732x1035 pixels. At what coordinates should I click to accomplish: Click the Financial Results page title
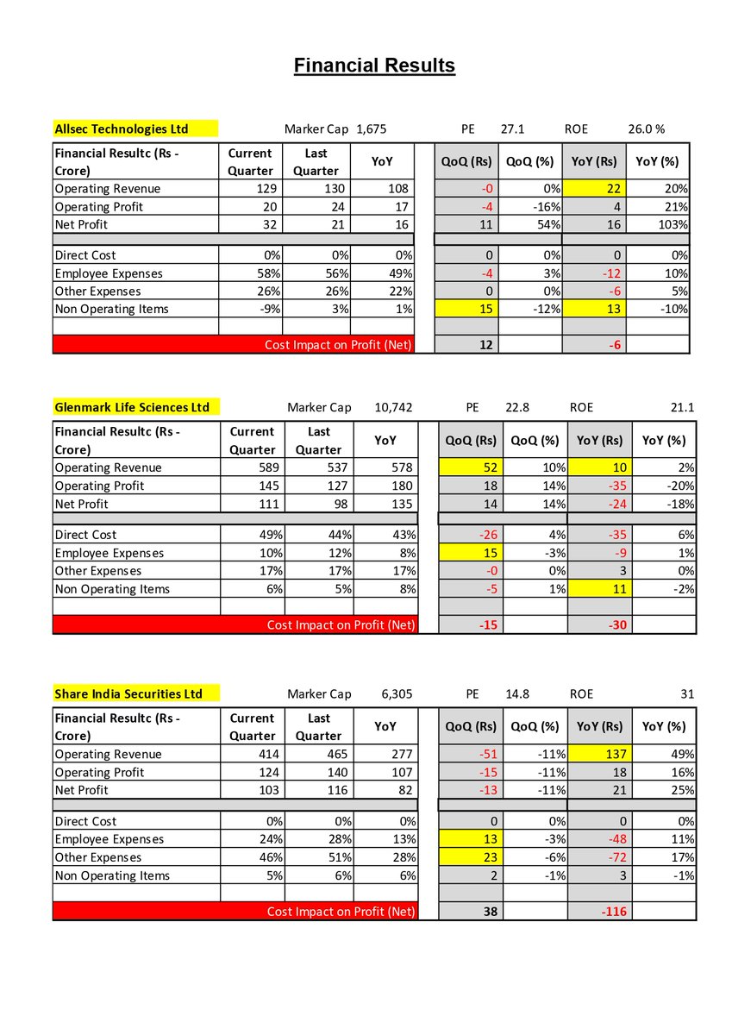(x=374, y=66)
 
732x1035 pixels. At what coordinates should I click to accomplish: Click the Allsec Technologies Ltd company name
(x=122, y=129)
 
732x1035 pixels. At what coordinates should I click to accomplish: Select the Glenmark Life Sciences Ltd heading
(x=132, y=407)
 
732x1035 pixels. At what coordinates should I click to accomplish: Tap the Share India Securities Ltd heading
(x=128, y=693)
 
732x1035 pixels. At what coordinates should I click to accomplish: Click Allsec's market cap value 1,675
(x=371, y=129)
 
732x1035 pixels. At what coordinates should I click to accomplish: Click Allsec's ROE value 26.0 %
(x=646, y=129)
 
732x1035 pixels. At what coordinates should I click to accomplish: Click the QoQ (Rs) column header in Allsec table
(x=466, y=161)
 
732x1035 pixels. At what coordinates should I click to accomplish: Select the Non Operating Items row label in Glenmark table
(x=112, y=589)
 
